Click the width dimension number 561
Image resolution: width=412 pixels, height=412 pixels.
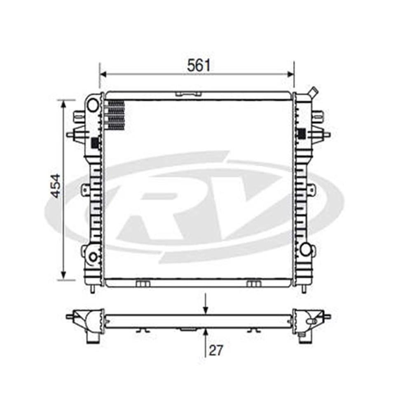pos(199,65)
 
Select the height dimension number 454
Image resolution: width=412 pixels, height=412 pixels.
pos(55,186)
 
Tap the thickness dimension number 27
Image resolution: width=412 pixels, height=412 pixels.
pos(215,350)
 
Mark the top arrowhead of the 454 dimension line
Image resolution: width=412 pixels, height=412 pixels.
pos(63,103)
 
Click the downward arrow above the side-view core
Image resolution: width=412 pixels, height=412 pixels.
pos(205,311)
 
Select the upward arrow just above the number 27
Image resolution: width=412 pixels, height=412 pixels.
pos(205,332)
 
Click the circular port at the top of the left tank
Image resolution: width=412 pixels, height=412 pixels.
pos(93,105)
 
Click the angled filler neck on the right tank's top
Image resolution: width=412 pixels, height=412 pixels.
pos(313,92)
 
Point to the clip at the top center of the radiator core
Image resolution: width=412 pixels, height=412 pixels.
pos(188,94)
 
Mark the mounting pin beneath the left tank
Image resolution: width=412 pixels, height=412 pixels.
pos(92,289)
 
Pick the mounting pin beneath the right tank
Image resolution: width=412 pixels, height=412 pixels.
pos(304,289)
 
